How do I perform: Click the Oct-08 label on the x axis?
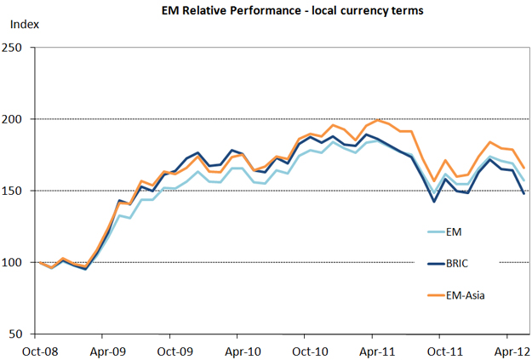40,349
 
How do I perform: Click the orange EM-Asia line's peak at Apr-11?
379,120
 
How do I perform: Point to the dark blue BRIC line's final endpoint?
523,194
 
